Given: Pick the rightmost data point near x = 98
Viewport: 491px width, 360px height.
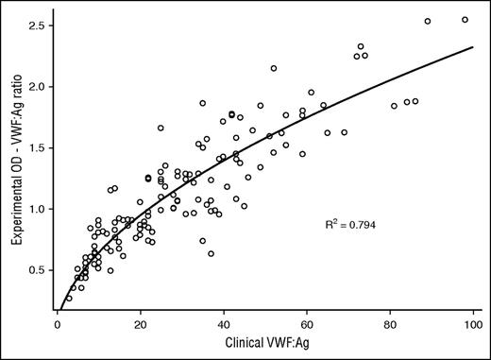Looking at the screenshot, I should coord(465,20).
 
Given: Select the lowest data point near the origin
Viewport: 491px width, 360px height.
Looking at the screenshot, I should coord(69,298).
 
